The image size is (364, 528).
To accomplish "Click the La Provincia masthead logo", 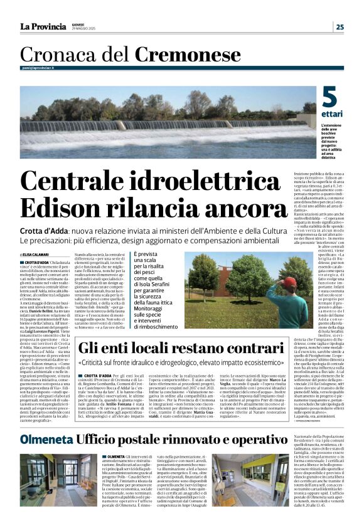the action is pyautogui.click(x=43, y=26).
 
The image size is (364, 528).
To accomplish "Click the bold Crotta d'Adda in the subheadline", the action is pyautogui.click(x=47, y=230).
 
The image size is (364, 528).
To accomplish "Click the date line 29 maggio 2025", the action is pyautogui.click(x=85, y=29).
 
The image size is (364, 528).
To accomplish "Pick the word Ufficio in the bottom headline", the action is pyautogui.click(x=100, y=439).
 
